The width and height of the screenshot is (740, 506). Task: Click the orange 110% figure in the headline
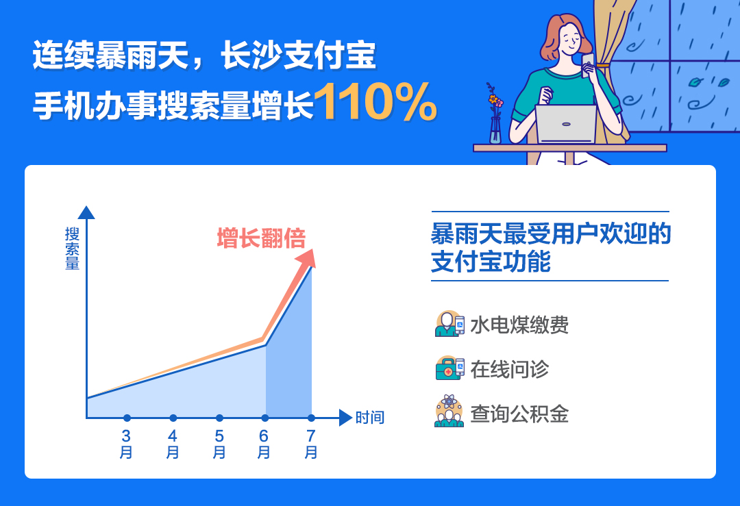coord(375,102)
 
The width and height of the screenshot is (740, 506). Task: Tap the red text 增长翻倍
coord(262,238)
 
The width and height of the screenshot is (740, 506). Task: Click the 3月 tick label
coord(126,444)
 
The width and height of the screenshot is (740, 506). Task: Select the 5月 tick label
coord(219,444)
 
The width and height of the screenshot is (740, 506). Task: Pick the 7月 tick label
coord(311,444)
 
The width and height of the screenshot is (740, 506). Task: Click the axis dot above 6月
coord(265,418)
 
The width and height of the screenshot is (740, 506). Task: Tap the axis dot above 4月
coord(173,418)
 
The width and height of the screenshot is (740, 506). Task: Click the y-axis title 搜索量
coord(72,249)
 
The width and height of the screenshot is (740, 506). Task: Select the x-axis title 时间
coord(370,418)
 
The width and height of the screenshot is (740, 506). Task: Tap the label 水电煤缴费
coord(519,325)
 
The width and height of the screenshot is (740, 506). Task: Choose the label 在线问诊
coord(510,369)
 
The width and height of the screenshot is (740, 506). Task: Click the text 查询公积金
coord(519,414)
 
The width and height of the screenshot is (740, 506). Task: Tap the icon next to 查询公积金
coord(449,412)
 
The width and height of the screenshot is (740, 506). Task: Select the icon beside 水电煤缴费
coord(449,323)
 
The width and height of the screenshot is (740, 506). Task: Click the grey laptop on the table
coord(566,124)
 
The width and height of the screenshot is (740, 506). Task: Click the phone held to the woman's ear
coord(588,65)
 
